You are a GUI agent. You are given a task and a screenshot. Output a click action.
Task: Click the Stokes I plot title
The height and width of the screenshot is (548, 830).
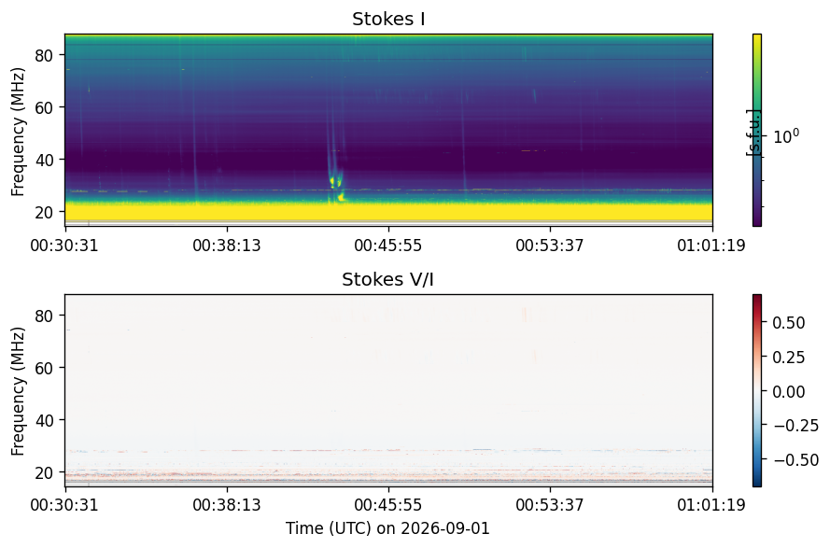[388, 19]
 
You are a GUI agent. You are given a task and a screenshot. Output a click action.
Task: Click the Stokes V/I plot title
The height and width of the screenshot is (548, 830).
[388, 279]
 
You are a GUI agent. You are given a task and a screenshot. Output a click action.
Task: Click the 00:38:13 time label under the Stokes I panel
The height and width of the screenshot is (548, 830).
[227, 246]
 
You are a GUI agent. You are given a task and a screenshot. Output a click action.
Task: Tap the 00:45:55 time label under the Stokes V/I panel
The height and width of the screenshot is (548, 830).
[388, 505]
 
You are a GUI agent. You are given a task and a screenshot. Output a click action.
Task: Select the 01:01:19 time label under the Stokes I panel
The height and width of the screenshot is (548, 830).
[711, 246]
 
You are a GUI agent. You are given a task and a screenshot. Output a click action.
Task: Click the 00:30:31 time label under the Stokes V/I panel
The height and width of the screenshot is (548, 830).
[64, 505]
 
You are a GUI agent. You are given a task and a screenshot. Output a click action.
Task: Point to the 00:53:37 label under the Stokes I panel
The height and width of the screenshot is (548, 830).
[550, 246]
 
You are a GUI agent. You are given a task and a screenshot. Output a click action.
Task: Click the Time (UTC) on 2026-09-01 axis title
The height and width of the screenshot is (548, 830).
[388, 528]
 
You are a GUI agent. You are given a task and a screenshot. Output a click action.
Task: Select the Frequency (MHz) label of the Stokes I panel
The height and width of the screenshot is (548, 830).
[18, 132]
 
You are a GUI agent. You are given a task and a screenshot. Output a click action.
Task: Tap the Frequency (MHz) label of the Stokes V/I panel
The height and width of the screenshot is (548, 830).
[18, 391]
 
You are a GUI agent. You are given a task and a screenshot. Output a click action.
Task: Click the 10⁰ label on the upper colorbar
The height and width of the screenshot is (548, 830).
[787, 136]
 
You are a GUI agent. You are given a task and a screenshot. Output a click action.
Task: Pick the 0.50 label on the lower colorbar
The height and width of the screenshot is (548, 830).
[789, 323]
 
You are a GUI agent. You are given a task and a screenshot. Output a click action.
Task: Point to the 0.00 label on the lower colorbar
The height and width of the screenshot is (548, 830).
[789, 392]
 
